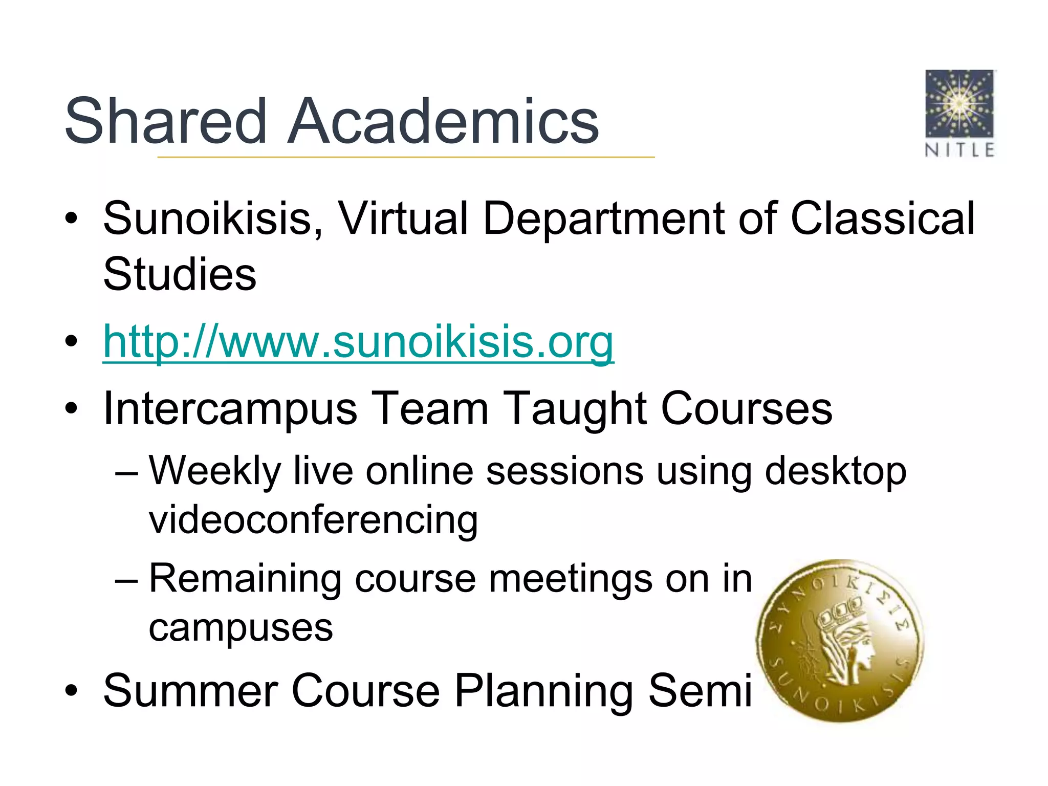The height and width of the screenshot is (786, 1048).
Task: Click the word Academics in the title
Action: [443, 121]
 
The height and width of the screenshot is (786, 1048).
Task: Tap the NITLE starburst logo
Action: [959, 103]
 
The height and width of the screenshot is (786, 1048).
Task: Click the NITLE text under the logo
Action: [959, 150]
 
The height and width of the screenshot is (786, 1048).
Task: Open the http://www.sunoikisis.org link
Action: [358, 341]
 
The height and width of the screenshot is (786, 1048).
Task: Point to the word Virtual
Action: [403, 219]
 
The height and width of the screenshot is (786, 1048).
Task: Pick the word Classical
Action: [883, 219]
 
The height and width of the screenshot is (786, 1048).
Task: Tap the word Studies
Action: [180, 274]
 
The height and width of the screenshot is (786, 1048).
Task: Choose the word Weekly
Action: [215, 471]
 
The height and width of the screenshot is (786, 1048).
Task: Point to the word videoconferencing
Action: [313, 520]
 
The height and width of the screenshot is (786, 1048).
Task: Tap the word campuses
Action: [241, 628]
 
